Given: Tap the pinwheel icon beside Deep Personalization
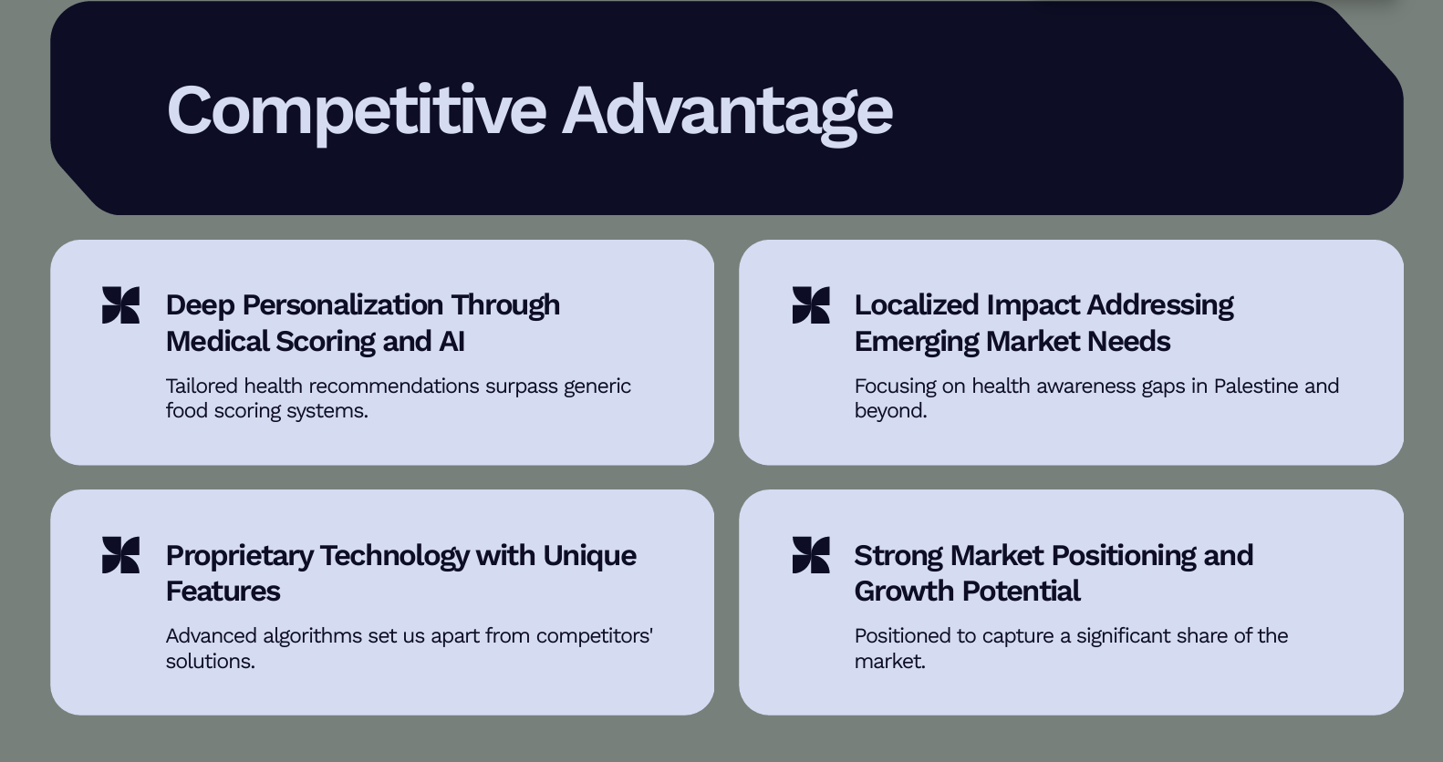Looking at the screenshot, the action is [x=120, y=305].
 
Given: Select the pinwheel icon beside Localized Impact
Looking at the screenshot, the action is [x=811, y=305].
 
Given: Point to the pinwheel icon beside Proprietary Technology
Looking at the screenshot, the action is [x=120, y=555].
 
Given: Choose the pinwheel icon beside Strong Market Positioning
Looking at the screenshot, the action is [x=811, y=555].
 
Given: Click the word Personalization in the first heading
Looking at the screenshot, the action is [x=343, y=305].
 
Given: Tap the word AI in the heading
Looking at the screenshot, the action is [x=452, y=341].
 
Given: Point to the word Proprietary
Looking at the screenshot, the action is [x=239, y=556].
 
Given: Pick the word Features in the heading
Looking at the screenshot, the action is [x=223, y=591].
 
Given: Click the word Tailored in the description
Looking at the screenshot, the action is [x=202, y=386].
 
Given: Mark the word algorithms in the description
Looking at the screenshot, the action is [x=313, y=636].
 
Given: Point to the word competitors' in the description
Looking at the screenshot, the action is [x=595, y=636].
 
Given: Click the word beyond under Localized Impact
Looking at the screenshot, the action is [x=891, y=411].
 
